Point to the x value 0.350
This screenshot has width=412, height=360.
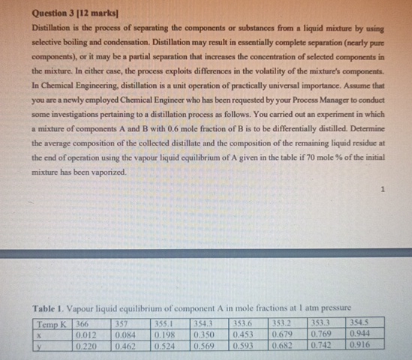click(204, 333)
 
